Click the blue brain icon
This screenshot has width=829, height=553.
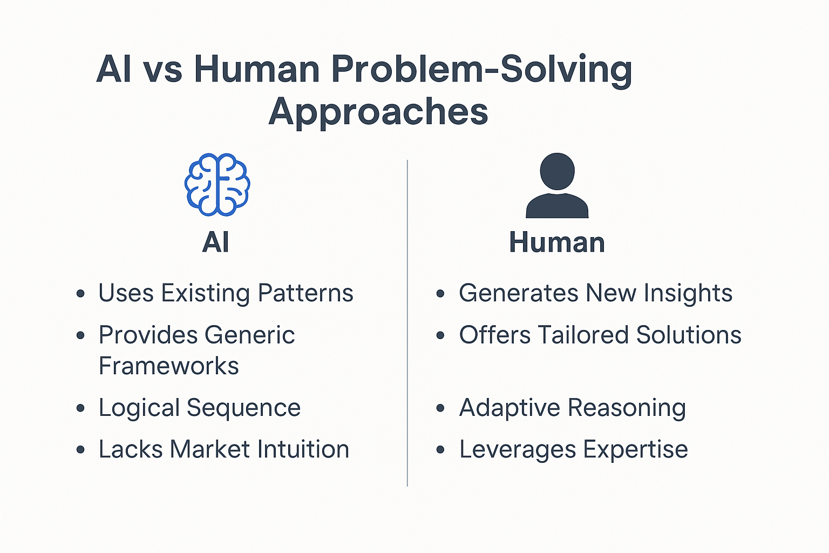click(217, 185)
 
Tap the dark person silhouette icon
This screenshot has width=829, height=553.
click(557, 186)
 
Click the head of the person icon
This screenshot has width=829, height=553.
click(557, 171)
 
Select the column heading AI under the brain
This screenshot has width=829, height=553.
click(216, 242)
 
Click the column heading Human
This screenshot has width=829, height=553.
click(557, 242)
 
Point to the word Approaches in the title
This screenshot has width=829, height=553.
click(378, 112)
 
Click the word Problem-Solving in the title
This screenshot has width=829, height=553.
click(481, 70)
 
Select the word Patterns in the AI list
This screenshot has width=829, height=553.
click(305, 293)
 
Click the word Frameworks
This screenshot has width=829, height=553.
click(169, 366)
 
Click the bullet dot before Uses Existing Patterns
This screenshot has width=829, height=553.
click(80, 294)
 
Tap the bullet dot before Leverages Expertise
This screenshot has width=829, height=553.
click(440, 450)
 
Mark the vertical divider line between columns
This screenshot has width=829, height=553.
click(407, 324)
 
